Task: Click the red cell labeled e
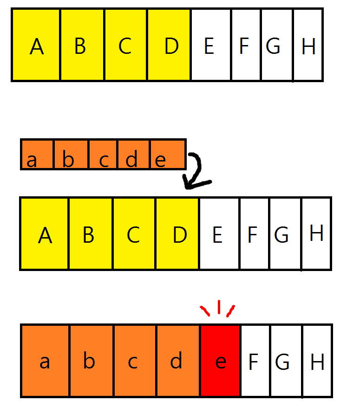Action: click(x=220, y=361)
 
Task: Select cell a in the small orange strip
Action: click(x=38, y=154)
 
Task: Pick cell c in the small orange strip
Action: click(x=103, y=154)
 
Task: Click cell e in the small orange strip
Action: click(x=168, y=154)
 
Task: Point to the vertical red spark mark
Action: click(x=218, y=307)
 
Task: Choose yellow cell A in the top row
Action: click(x=36, y=45)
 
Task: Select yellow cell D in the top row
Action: click(x=169, y=45)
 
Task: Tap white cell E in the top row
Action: click(x=210, y=45)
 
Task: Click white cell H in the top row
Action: click(x=308, y=45)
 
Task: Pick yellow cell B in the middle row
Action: click(x=90, y=233)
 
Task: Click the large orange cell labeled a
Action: click(x=46, y=361)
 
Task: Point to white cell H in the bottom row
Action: click(x=317, y=361)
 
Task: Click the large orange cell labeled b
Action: click(x=91, y=361)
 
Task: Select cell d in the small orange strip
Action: click(x=134, y=154)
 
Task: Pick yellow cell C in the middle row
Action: click(x=134, y=233)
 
